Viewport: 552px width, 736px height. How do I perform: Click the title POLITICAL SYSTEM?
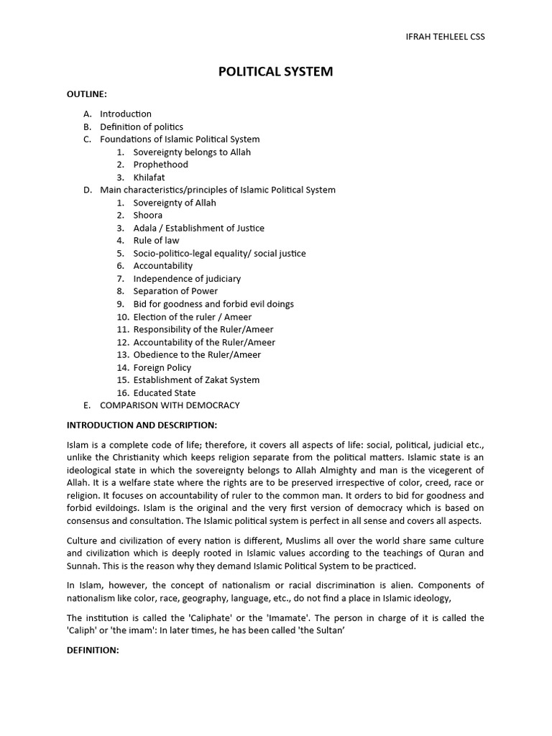pyautogui.click(x=276, y=72)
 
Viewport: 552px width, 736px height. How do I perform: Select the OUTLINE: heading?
pyautogui.click(x=87, y=94)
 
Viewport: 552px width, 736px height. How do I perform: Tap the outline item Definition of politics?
pyautogui.click(x=142, y=126)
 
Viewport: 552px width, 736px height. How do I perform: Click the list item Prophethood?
pyautogui.click(x=160, y=165)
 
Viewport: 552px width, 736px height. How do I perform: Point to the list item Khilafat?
pyautogui.click(x=149, y=177)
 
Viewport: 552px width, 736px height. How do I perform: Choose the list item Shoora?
pyautogui.click(x=148, y=215)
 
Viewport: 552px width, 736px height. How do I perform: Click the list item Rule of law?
pyautogui.click(x=156, y=240)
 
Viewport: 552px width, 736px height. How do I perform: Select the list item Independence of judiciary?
pyautogui.click(x=187, y=278)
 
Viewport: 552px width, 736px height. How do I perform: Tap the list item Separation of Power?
pyautogui.click(x=175, y=291)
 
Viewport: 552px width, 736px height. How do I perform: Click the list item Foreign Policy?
pyautogui.click(x=162, y=367)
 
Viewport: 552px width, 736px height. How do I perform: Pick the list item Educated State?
pyautogui.click(x=164, y=392)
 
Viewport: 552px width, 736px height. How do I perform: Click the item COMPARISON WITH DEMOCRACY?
pyautogui.click(x=170, y=405)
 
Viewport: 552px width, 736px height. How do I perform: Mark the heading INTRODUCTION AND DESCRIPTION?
pyautogui.click(x=142, y=425)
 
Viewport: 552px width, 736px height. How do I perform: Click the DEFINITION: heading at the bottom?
pyautogui.click(x=93, y=649)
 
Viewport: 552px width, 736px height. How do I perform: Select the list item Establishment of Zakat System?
pyautogui.click(x=196, y=379)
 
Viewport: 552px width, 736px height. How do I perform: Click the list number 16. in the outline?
pyautogui.click(x=122, y=392)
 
